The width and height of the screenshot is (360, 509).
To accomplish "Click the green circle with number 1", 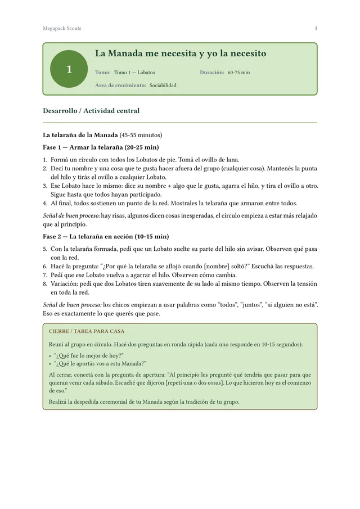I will (69, 69).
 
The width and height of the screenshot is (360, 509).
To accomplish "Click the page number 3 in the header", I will (316, 29).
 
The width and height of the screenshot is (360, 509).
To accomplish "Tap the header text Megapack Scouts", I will (62, 29).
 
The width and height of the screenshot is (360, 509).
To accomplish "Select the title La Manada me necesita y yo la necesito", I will (181, 54).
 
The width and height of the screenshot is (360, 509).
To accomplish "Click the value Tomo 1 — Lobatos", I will (134, 73).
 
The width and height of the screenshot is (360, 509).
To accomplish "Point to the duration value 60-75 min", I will (239, 73).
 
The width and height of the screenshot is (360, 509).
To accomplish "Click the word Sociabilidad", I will (163, 85).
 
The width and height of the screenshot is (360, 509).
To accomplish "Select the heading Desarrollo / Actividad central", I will (91, 111).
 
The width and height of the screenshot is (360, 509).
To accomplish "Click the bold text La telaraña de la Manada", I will (80, 135).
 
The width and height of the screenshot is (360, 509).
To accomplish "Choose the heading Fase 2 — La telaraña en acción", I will (106, 236).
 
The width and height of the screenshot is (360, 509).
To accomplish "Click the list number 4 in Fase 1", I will (45, 203).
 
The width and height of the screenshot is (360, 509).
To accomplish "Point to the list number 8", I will (45, 284).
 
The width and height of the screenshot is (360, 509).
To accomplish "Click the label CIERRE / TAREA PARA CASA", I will (87, 332).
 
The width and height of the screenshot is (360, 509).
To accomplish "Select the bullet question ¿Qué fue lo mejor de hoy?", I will (88, 355).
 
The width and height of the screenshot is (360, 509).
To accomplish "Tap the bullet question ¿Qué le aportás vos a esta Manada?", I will (100, 363).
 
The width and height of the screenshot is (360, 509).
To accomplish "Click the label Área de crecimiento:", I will (121, 85).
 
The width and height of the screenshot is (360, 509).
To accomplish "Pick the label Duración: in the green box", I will (212, 73).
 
